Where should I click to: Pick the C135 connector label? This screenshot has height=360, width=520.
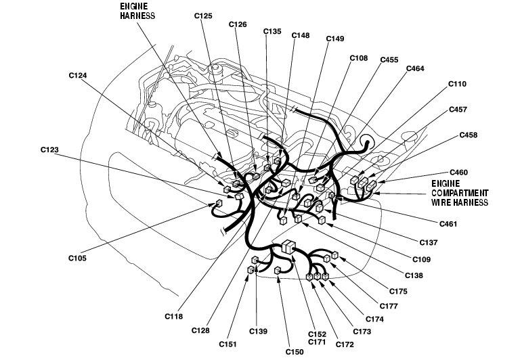(272, 30)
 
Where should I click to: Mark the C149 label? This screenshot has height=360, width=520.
(335, 39)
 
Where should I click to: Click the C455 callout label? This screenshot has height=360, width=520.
(389, 60)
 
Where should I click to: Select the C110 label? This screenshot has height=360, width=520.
(458, 84)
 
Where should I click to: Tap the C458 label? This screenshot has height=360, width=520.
(468, 135)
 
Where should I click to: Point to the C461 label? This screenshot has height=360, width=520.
(448, 223)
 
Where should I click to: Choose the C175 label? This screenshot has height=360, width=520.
(398, 292)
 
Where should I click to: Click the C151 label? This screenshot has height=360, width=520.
(227, 344)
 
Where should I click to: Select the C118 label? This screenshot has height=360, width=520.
(173, 315)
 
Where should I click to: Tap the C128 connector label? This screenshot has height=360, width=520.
(200, 330)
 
